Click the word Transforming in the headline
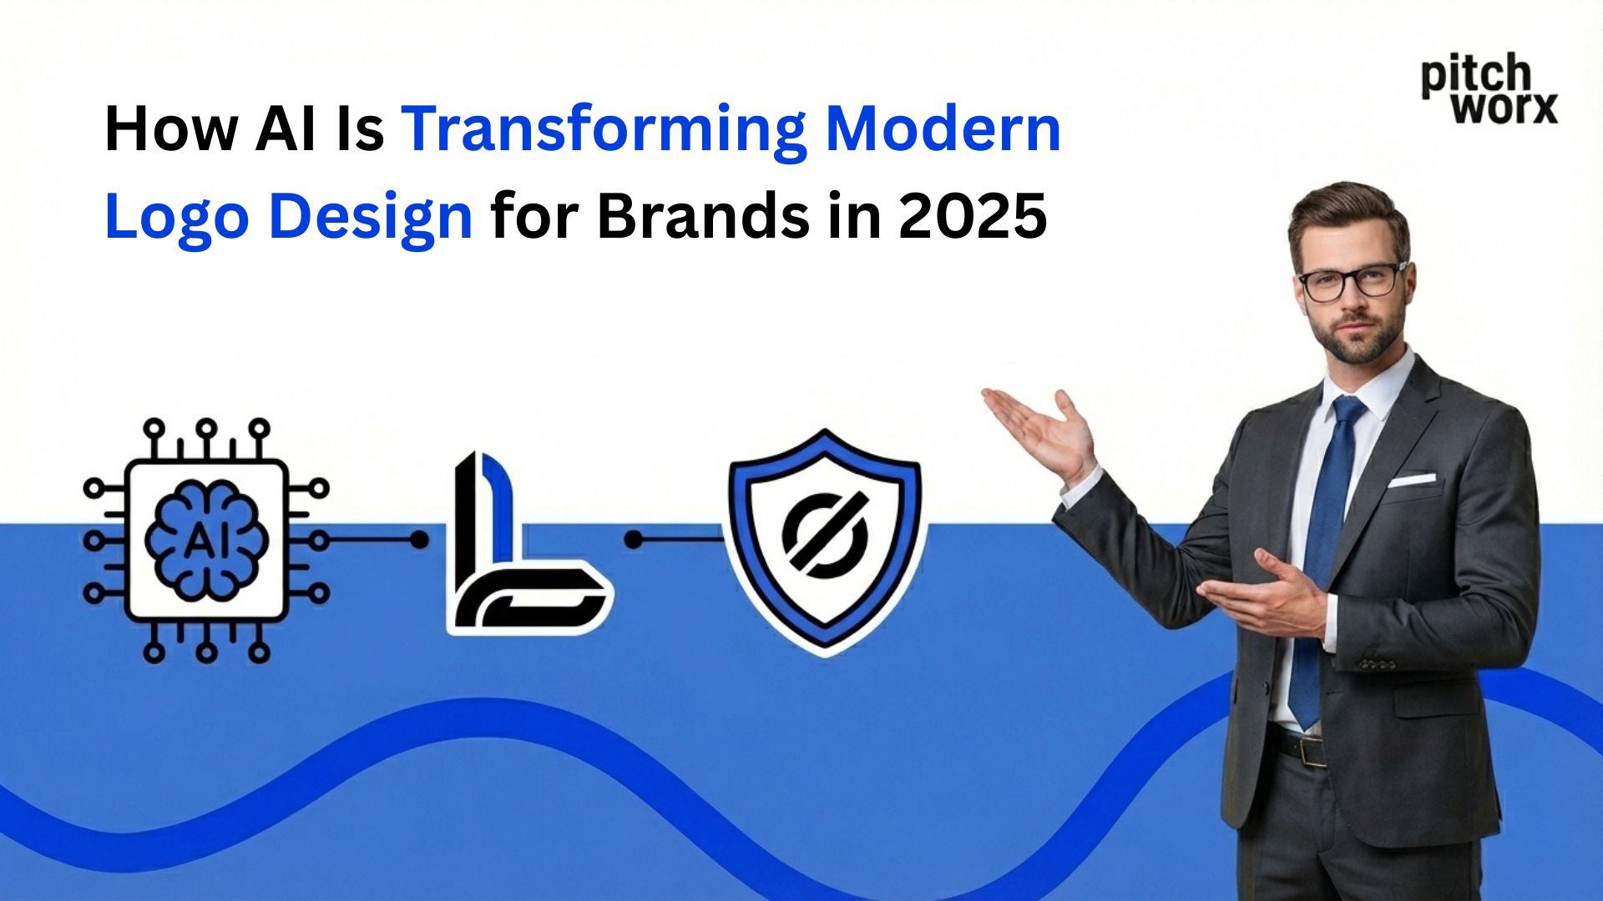(604, 131)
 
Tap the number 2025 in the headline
(973, 217)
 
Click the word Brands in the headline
(703, 217)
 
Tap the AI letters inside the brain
(206, 541)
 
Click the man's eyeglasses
(1351, 281)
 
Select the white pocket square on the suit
(1412, 480)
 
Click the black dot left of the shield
(634, 540)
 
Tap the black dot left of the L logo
(420, 540)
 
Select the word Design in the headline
(372, 217)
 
